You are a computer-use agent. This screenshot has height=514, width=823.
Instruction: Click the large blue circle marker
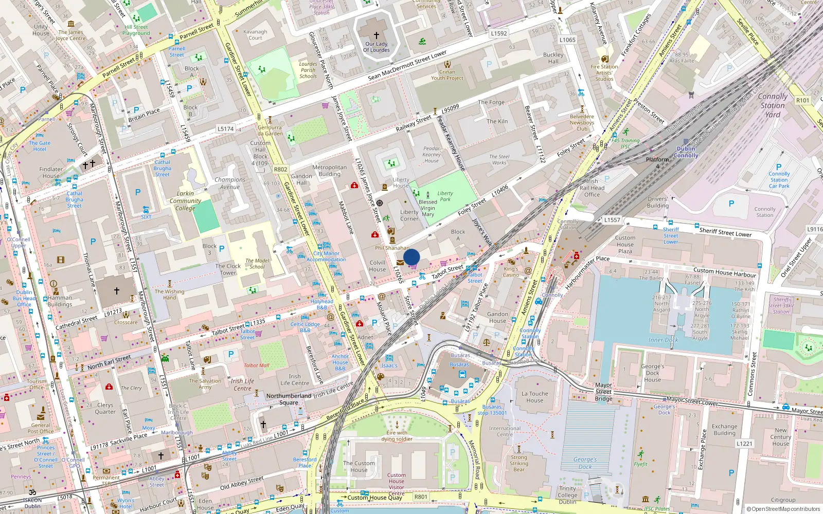tap(411, 257)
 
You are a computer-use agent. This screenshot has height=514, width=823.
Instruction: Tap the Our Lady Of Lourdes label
tap(376, 47)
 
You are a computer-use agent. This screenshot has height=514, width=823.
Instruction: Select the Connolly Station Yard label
tap(772, 105)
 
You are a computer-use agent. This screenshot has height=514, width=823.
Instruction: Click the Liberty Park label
tap(445, 196)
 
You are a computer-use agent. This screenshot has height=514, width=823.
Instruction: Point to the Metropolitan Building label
tap(329, 171)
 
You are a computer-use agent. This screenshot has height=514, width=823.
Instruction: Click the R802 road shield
tap(281, 169)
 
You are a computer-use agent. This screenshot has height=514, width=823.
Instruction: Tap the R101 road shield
tap(802, 100)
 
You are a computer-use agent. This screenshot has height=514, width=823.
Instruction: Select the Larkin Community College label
tap(185, 201)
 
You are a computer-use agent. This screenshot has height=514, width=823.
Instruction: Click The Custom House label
tap(359, 466)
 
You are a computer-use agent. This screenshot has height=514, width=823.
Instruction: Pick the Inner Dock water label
tap(663, 340)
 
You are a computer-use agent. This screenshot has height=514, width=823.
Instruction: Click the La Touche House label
tap(534, 397)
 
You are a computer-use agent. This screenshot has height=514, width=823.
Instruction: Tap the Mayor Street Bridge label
tap(603, 392)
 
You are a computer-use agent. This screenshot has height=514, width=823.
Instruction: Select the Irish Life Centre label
tap(242, 384)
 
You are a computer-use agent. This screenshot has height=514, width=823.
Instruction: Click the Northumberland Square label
tap(289, 399)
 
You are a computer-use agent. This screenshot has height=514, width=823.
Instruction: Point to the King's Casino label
tap(511, 272)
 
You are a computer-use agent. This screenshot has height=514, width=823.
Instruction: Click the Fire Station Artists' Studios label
tap(604, 72)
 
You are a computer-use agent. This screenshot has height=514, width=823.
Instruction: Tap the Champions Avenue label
tap(230, 183)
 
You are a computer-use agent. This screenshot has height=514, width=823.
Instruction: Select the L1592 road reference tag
tap(498, 33)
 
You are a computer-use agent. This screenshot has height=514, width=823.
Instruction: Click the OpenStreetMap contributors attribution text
tap(783, 509)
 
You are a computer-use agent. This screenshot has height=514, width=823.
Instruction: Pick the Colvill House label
tap(377, 266)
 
